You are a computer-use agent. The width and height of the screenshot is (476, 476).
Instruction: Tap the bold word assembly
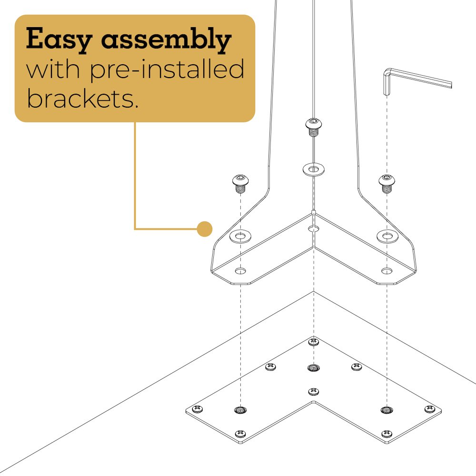166,40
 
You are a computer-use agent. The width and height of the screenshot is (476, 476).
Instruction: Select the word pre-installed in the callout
167,70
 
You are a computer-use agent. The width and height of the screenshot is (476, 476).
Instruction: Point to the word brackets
82,99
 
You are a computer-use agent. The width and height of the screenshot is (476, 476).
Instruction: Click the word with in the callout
53,69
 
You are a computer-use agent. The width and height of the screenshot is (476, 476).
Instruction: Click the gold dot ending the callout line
205,229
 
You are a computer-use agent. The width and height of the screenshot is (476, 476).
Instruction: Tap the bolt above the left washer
241,183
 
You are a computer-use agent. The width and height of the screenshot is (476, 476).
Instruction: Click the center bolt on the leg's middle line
314,127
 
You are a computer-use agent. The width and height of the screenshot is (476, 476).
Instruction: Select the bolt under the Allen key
387,183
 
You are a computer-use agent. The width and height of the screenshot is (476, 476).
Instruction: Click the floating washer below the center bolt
314,169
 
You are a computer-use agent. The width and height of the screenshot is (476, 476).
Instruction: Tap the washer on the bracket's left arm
240,237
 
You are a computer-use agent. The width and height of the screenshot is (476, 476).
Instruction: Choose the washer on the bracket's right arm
387,236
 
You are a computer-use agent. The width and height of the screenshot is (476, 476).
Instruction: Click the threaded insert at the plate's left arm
240,410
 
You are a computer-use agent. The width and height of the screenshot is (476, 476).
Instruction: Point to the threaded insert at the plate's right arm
387,410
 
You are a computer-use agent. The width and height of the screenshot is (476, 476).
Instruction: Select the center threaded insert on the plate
314,368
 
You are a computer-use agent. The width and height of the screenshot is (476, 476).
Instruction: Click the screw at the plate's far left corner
198,409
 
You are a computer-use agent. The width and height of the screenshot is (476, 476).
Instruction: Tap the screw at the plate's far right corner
430,409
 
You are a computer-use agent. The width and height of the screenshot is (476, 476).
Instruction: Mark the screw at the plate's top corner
314,342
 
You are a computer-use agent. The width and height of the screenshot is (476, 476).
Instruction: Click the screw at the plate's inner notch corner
314,392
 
